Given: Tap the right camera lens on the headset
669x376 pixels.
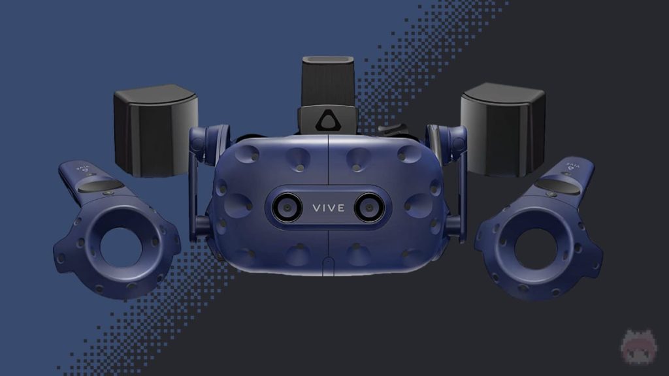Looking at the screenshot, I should click(367, 208).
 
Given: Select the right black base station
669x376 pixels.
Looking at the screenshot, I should click(503, 129).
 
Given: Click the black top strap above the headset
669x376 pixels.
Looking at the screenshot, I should click(327, 82).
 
